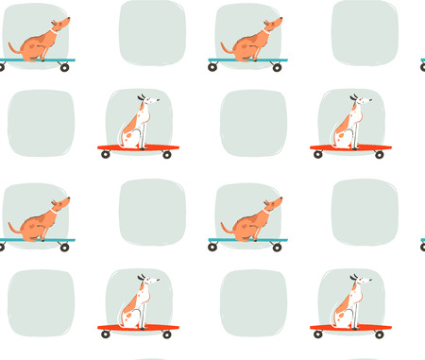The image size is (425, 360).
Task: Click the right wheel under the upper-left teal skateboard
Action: pos(64,68)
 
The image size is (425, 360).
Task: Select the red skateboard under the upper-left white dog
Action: pos(137,147)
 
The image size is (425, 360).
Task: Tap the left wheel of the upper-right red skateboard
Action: pos(318,154)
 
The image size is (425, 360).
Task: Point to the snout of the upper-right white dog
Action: pos(366,100)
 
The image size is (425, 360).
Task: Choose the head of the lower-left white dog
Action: pos(144,283)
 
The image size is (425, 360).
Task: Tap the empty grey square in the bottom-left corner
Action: pos(41,302)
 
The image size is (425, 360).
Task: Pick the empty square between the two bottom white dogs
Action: pos(253,302)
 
